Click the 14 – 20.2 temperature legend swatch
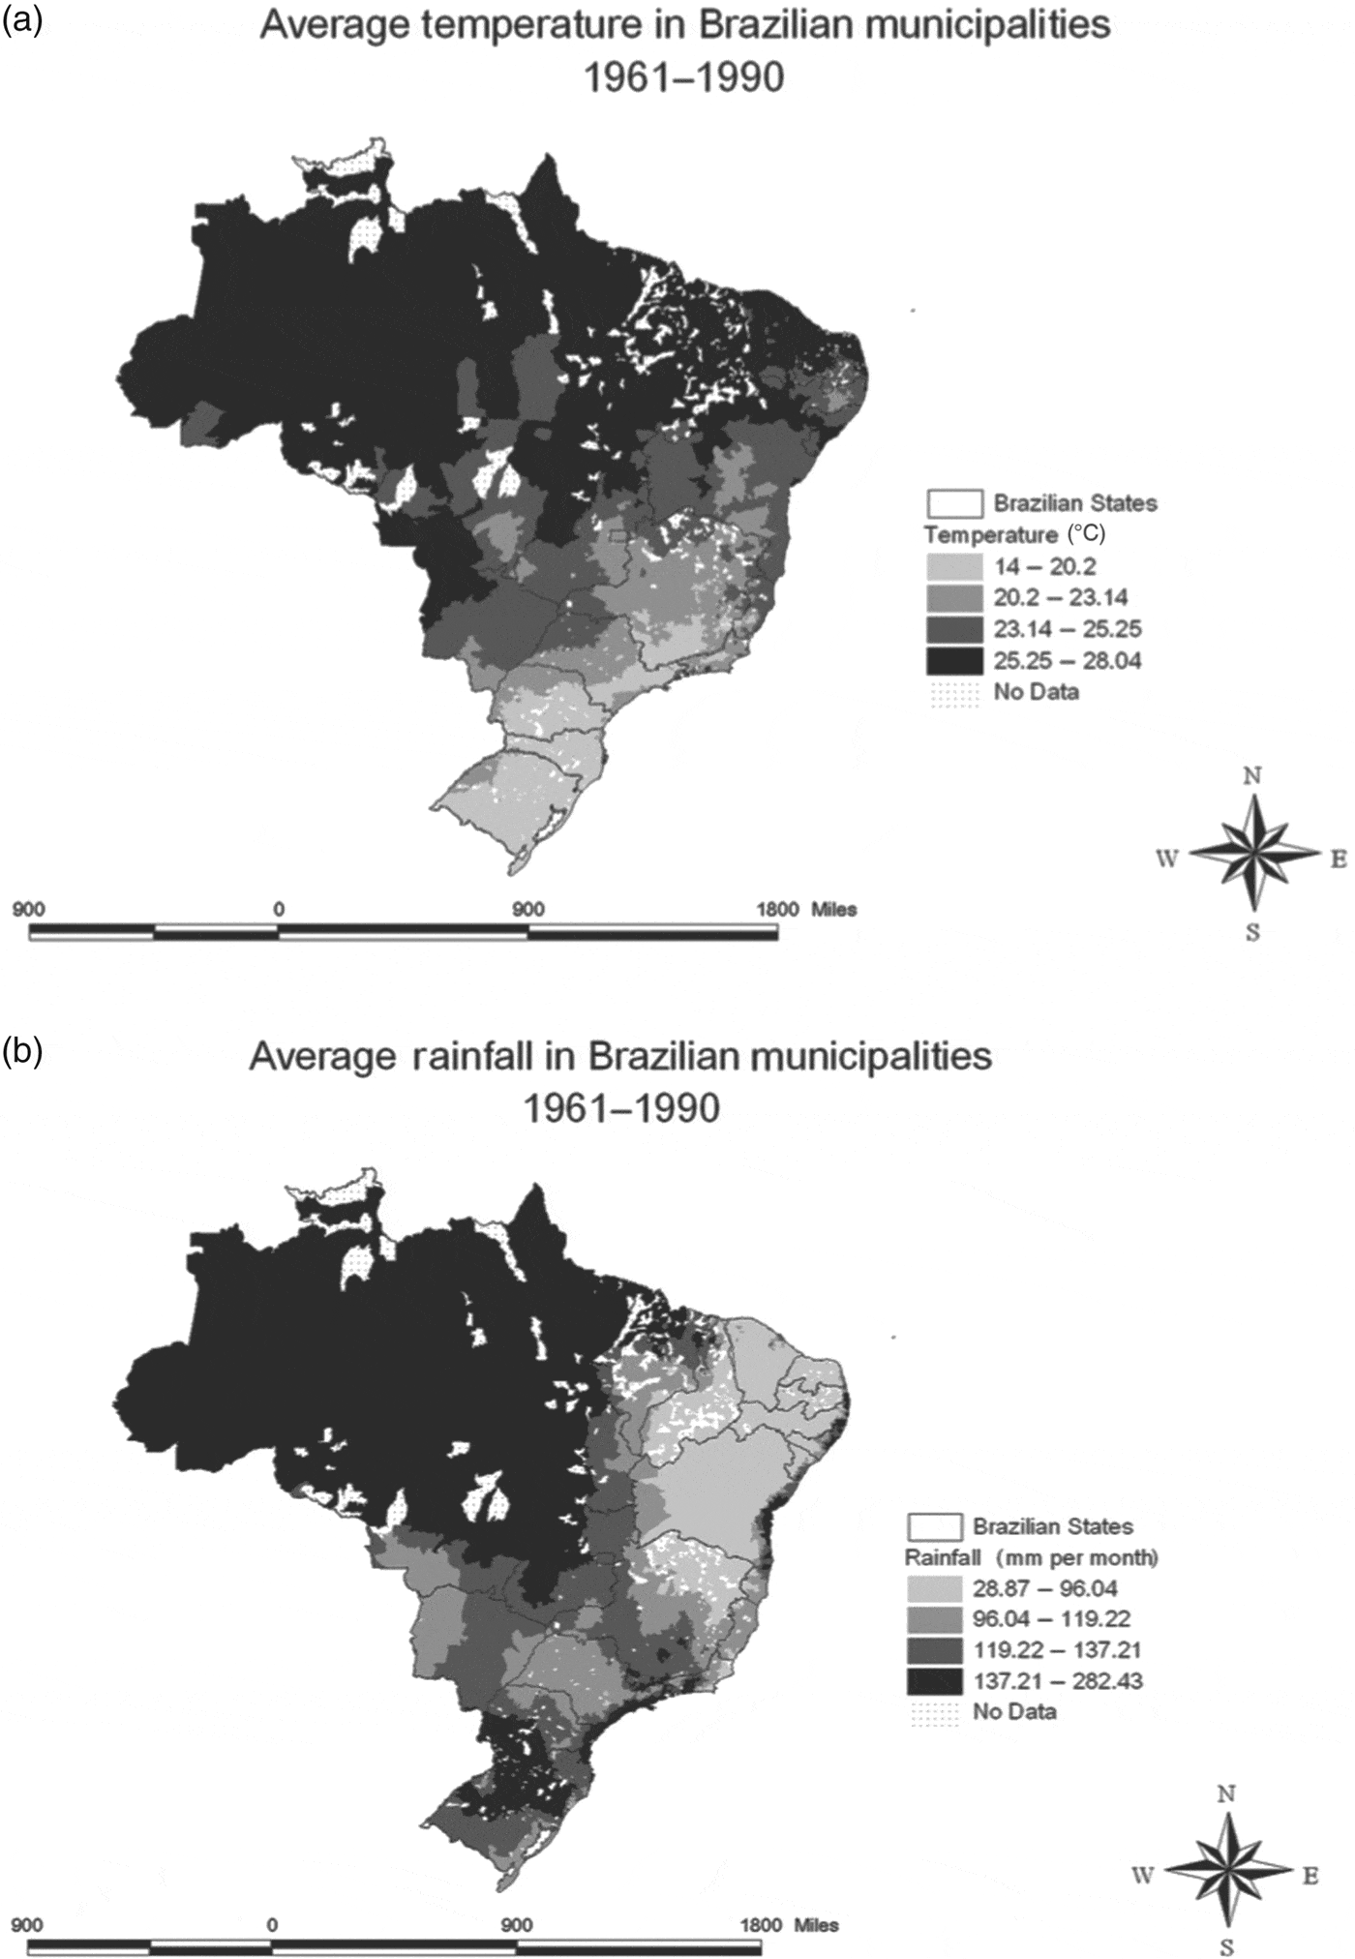pos(953,566)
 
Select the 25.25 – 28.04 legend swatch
pos(953,661)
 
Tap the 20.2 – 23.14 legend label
pos(1060,598)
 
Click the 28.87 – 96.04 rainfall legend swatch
pos(934,1587)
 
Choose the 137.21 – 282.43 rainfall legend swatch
pos(934,1680)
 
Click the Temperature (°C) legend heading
pos(1014,535)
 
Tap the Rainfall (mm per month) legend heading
pos(1032,1557)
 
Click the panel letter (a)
pos(21,22)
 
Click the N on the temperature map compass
pos(1253,776)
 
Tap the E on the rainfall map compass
pos(1310,1875)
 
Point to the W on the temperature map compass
pos(1167,859)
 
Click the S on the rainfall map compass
pos(1227,1947)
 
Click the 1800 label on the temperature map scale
pos(777,910)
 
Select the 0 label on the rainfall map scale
pos(272,1925)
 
